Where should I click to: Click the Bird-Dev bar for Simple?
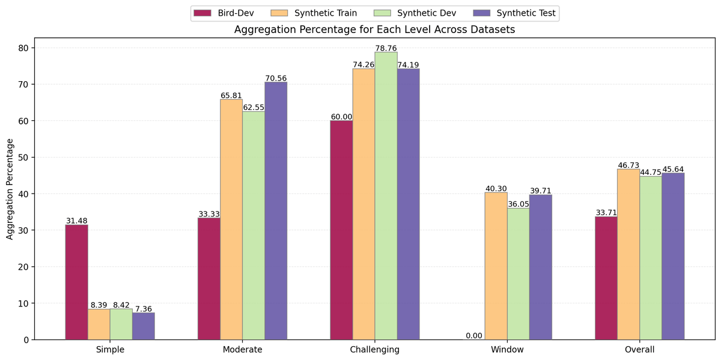(x=76, y=282)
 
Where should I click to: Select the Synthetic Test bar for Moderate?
(x=276, y=210)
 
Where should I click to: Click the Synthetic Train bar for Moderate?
(x=231, y=219)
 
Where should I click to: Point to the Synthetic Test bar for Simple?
(x=143, y=326)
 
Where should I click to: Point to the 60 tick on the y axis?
(x=34, y=121)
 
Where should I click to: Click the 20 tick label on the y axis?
(x=24, y=267)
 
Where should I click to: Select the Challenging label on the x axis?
(x=374, y=349)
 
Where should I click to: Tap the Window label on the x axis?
(x=507, y=349)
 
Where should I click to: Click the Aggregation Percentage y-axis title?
(x=10, y=188)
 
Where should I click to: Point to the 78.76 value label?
(x=386, y=48)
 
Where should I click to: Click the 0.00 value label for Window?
(x=473, y=335)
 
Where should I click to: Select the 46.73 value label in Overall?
(x=628, y=165)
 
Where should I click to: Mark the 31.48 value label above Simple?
(x=76, y=221)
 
